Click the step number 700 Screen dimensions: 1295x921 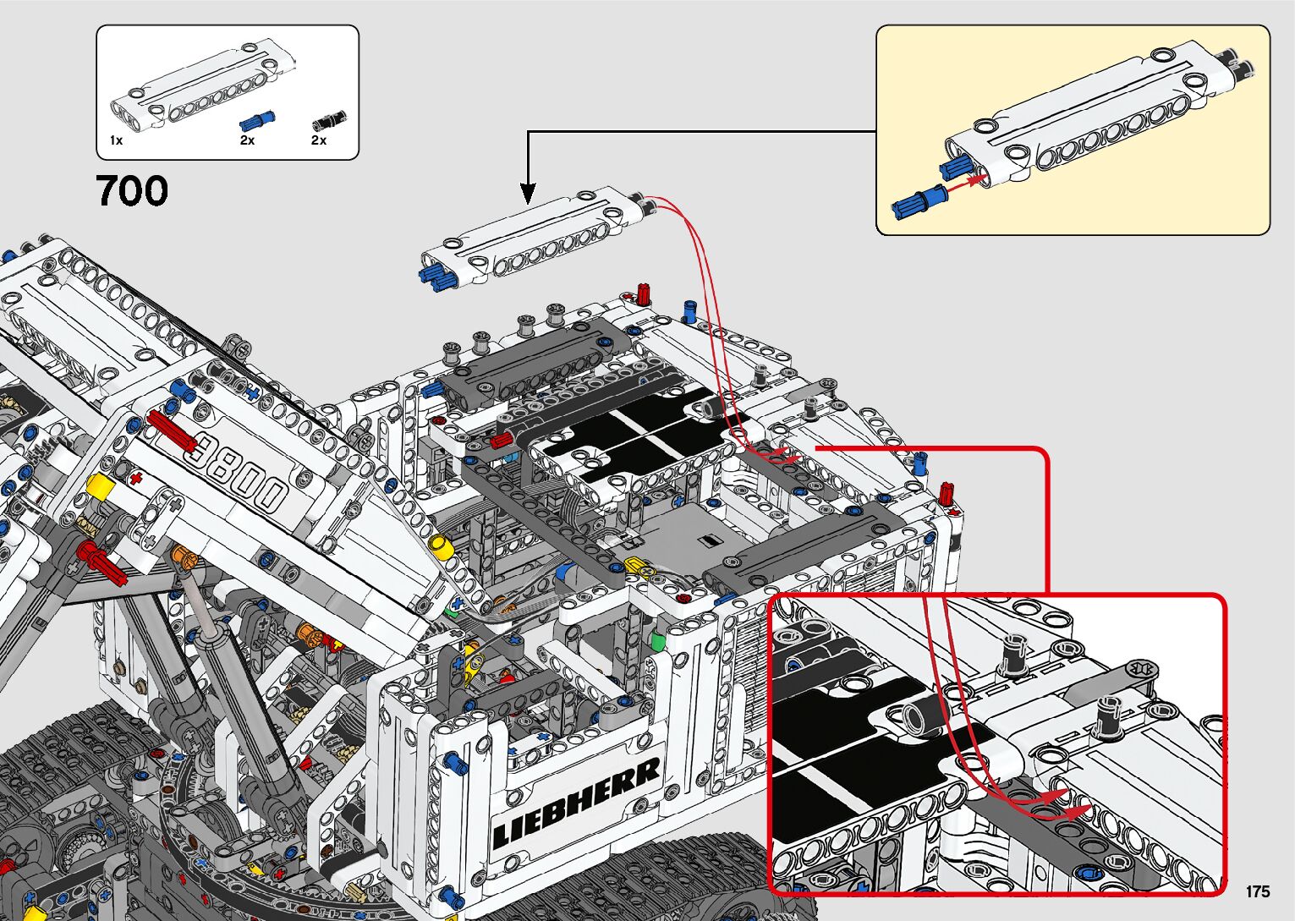coord(133,190)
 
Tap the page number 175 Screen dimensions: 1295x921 coord(1258,891)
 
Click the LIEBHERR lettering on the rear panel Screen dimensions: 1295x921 coord(576,803)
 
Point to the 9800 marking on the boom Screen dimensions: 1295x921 coord(238,471)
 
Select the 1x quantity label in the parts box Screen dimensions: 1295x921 coord(116,140)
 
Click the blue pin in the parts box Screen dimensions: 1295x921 coord(256,122)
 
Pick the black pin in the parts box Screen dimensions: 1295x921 coord(330,121)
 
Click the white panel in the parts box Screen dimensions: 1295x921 coord(202,84)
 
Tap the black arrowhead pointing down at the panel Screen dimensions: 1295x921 coord(528,194)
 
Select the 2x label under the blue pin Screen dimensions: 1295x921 coord(248,140)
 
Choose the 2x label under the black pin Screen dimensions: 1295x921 coord(319,140)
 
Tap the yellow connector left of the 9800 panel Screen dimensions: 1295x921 coord(101,485)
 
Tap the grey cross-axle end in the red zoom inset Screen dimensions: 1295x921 coord(1143,670)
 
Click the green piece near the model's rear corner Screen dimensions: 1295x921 coord(657,640)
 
